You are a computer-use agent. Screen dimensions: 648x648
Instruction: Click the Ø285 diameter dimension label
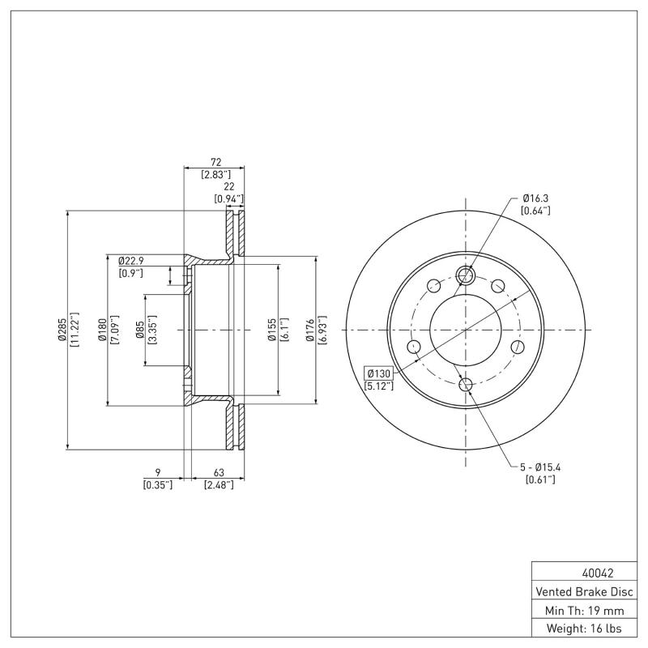[62, 330]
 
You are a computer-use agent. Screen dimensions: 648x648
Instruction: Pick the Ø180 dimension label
[102, 330]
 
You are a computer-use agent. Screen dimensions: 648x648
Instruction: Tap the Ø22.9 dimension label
[130, 261]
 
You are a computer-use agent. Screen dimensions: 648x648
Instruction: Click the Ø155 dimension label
[273, 330]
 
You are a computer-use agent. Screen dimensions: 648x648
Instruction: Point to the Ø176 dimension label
[311, 330]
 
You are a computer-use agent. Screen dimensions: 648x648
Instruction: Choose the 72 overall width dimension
[215, 162]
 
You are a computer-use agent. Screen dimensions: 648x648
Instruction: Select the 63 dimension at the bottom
[218, 472]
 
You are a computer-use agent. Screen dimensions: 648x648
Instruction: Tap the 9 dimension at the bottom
[157, 472]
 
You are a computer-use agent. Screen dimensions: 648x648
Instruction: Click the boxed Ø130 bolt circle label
[379, 373]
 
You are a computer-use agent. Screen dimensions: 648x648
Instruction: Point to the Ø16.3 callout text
[536, 198]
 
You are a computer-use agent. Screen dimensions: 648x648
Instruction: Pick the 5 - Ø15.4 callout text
[540, 467]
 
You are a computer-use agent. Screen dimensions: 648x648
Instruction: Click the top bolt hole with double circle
[466, 276]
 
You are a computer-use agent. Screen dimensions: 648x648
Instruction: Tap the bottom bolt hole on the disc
[466, 384]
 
